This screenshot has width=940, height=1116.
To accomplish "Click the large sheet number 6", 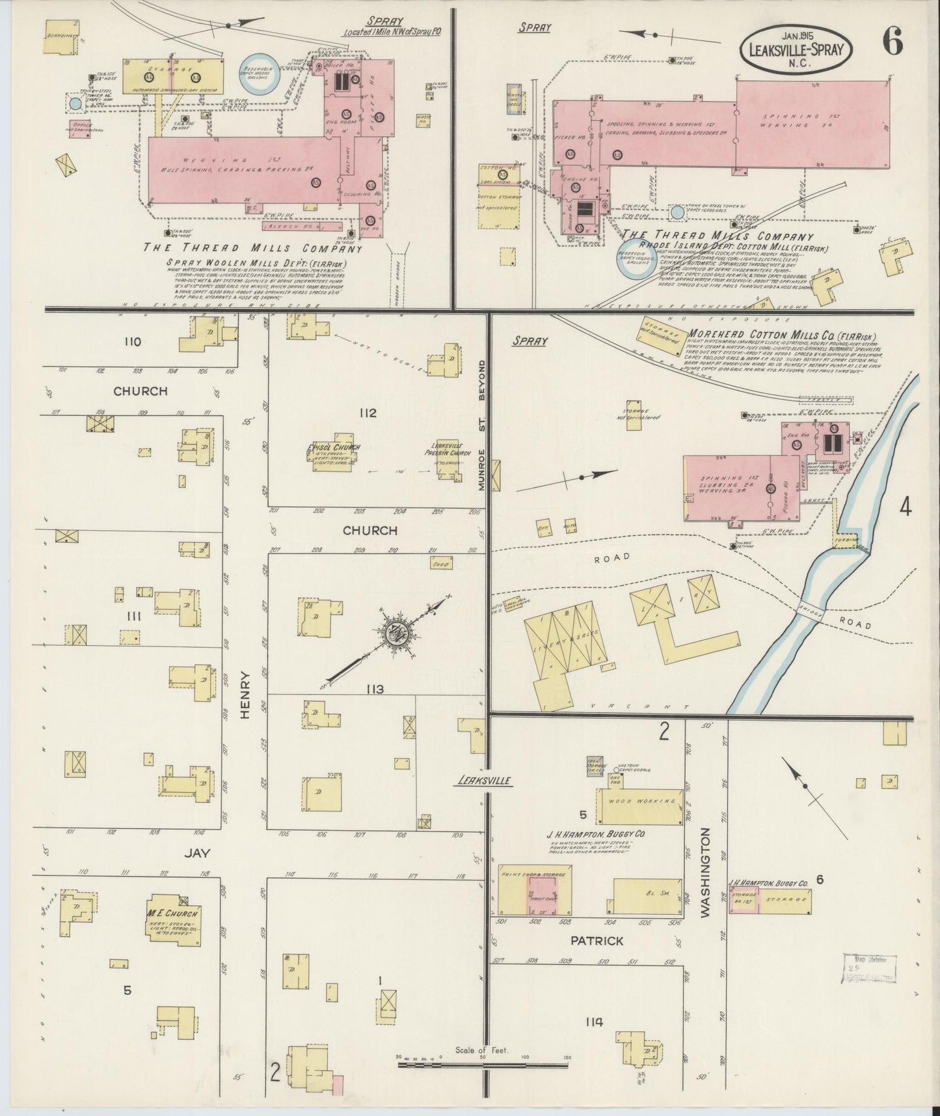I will click(892, 43).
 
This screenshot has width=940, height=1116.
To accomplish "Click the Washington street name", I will click(706, 872).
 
